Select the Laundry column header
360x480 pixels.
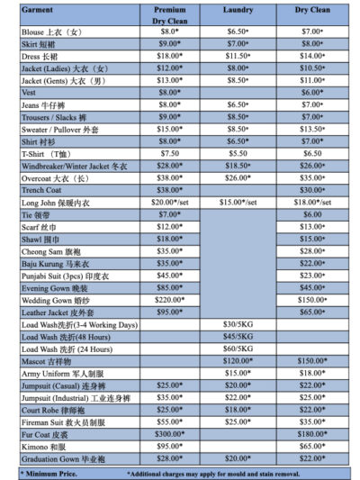click(238, 9)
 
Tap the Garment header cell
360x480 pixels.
click(37, 9)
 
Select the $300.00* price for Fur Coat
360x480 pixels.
click(169, 433)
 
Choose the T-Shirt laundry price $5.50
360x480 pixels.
click(238, 154)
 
